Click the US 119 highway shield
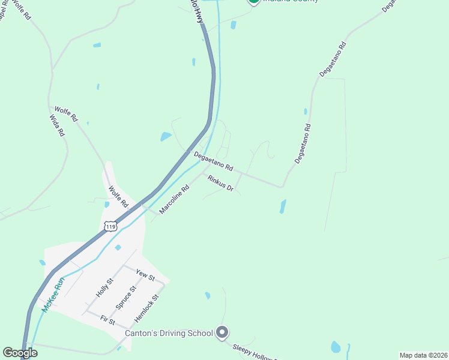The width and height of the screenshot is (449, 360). pyautogui.click(x=109, y=226)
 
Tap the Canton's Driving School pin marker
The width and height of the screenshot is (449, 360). pyautogui.click(x=223, y=332)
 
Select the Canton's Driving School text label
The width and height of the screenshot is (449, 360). pyautogui.click(x=169, y=333)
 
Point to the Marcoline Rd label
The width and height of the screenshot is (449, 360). pyautogui.click(x=175, y=199)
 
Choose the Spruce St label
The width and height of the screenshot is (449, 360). pyautogui.click(x=125, y=297)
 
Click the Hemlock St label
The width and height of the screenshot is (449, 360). pyautogui.click(x=146, y=306)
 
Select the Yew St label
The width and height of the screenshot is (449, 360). pyautogui.click(x=145, y=275)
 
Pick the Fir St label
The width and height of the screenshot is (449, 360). pyautogui.click(x=107, y=320)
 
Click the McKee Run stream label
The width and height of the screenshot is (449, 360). pyautogui.click(x=53, y=296)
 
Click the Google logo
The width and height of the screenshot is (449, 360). pyautogui.click(x=20, y=353)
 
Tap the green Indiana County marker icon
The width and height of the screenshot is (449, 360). pyautogui.click(x=253, y=1)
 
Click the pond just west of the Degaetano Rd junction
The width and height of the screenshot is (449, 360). pyautogui.click(x=166, y=137)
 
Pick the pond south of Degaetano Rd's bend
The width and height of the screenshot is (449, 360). pyautogui.click(x=283, y=206)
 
